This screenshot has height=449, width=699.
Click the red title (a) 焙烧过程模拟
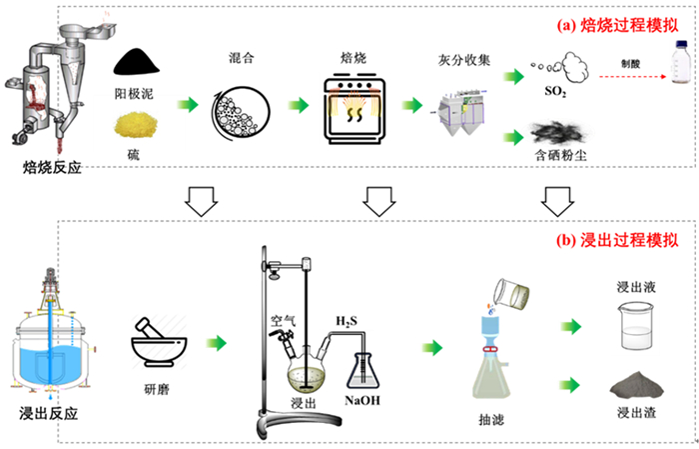615,25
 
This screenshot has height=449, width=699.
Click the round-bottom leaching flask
305,374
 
